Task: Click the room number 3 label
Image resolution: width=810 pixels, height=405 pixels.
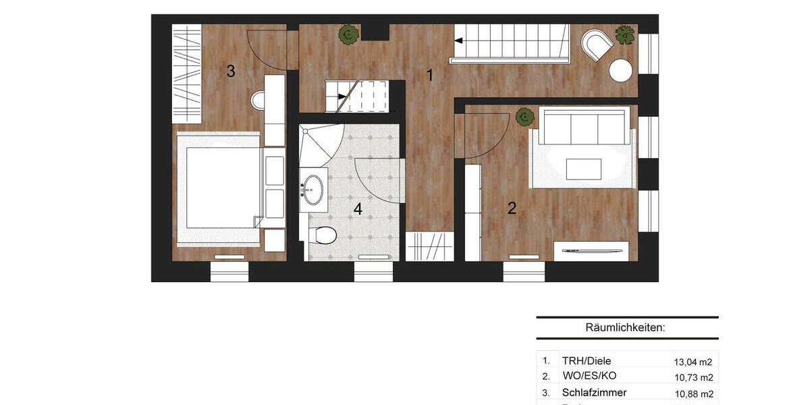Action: click(x=231, y=71)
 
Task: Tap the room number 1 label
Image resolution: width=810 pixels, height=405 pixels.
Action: click(x=429, y=76)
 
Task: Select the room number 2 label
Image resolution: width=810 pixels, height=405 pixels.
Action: click(x=512, y=208)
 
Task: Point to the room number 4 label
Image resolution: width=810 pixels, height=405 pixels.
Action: click(x=358, y=209)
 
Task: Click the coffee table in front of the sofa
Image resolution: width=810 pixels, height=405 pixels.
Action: click(x=583, y=169)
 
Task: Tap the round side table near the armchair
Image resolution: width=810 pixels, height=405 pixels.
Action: click(x=620, y=70)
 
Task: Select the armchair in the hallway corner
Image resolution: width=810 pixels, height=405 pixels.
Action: click(x=597, y=45)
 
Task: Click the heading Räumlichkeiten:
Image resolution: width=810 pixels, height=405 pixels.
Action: click(x=626, y=328)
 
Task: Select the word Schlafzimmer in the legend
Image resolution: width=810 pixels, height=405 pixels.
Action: click(x=594, y=392)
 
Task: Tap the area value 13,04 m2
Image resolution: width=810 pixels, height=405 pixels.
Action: click(x=693, y=361)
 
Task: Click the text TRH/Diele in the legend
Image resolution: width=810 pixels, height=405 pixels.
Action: click(x=587, y=360)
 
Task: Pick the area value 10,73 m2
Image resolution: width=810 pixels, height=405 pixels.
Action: click(x=693, y=377)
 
